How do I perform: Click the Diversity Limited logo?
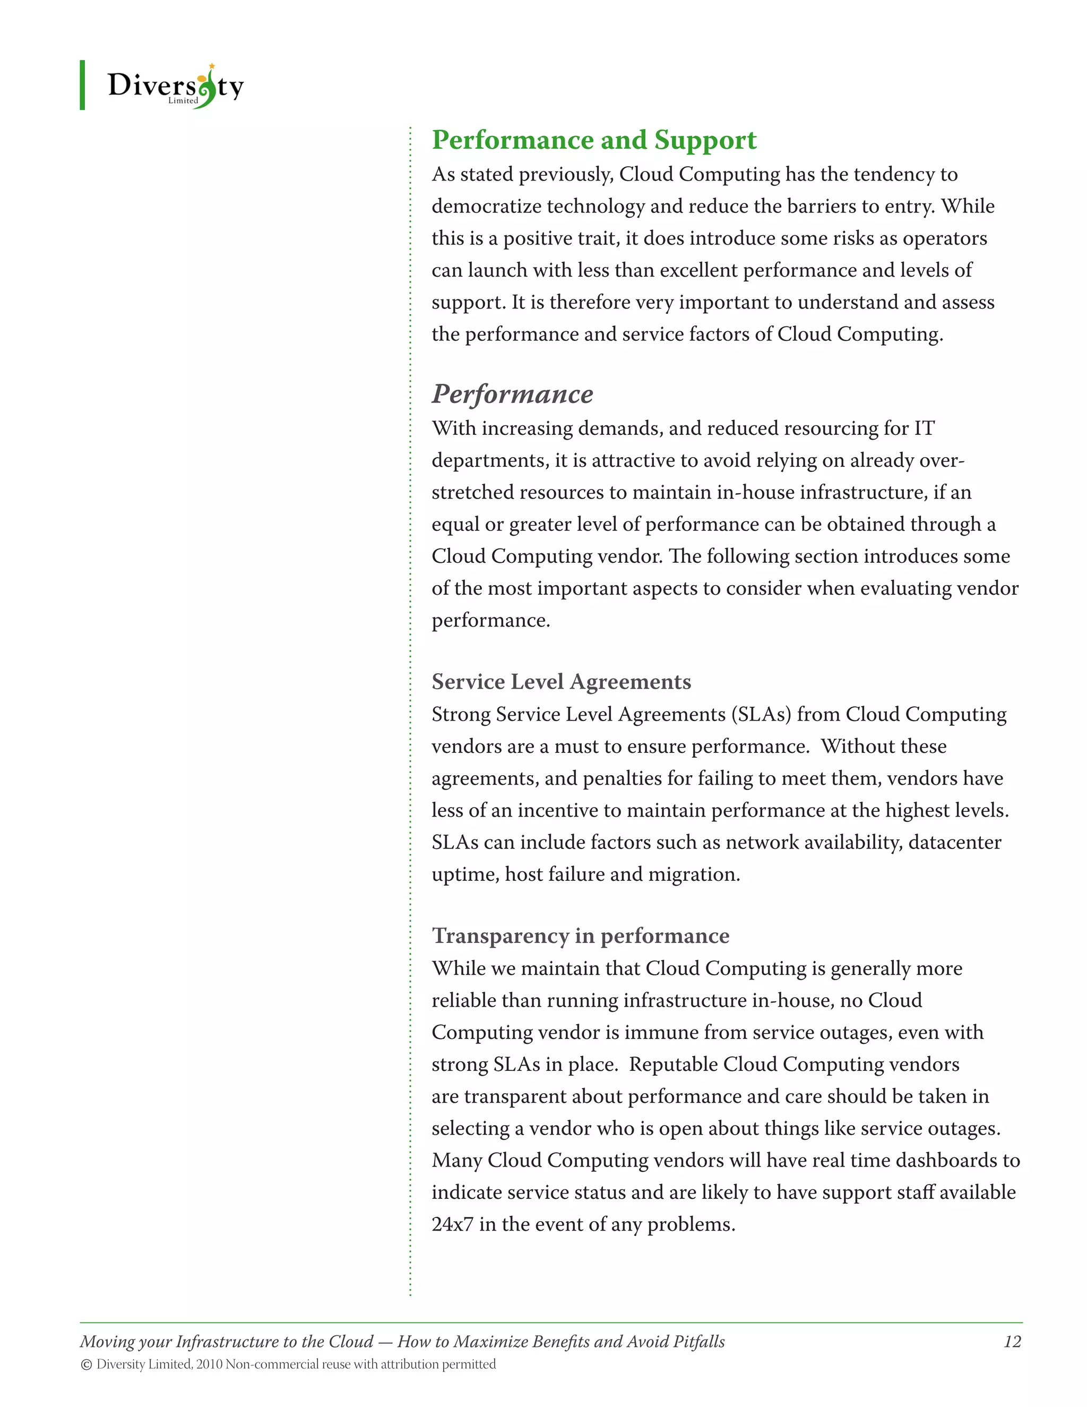(x=175, y=85)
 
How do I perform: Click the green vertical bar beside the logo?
(x=82, y=85)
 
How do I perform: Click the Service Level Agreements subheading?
(x=561, y=682)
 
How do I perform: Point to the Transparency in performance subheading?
(x=580, y=936)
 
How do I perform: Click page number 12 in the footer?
(x=1012, y=1341)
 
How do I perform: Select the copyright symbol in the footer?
(x=87, y=1365)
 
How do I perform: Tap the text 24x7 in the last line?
(x=452, y=1224)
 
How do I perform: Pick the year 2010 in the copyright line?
(x=209, y=1365)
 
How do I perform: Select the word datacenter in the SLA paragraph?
(x=954, y=843)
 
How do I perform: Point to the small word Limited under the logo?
(x=183, y=100)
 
